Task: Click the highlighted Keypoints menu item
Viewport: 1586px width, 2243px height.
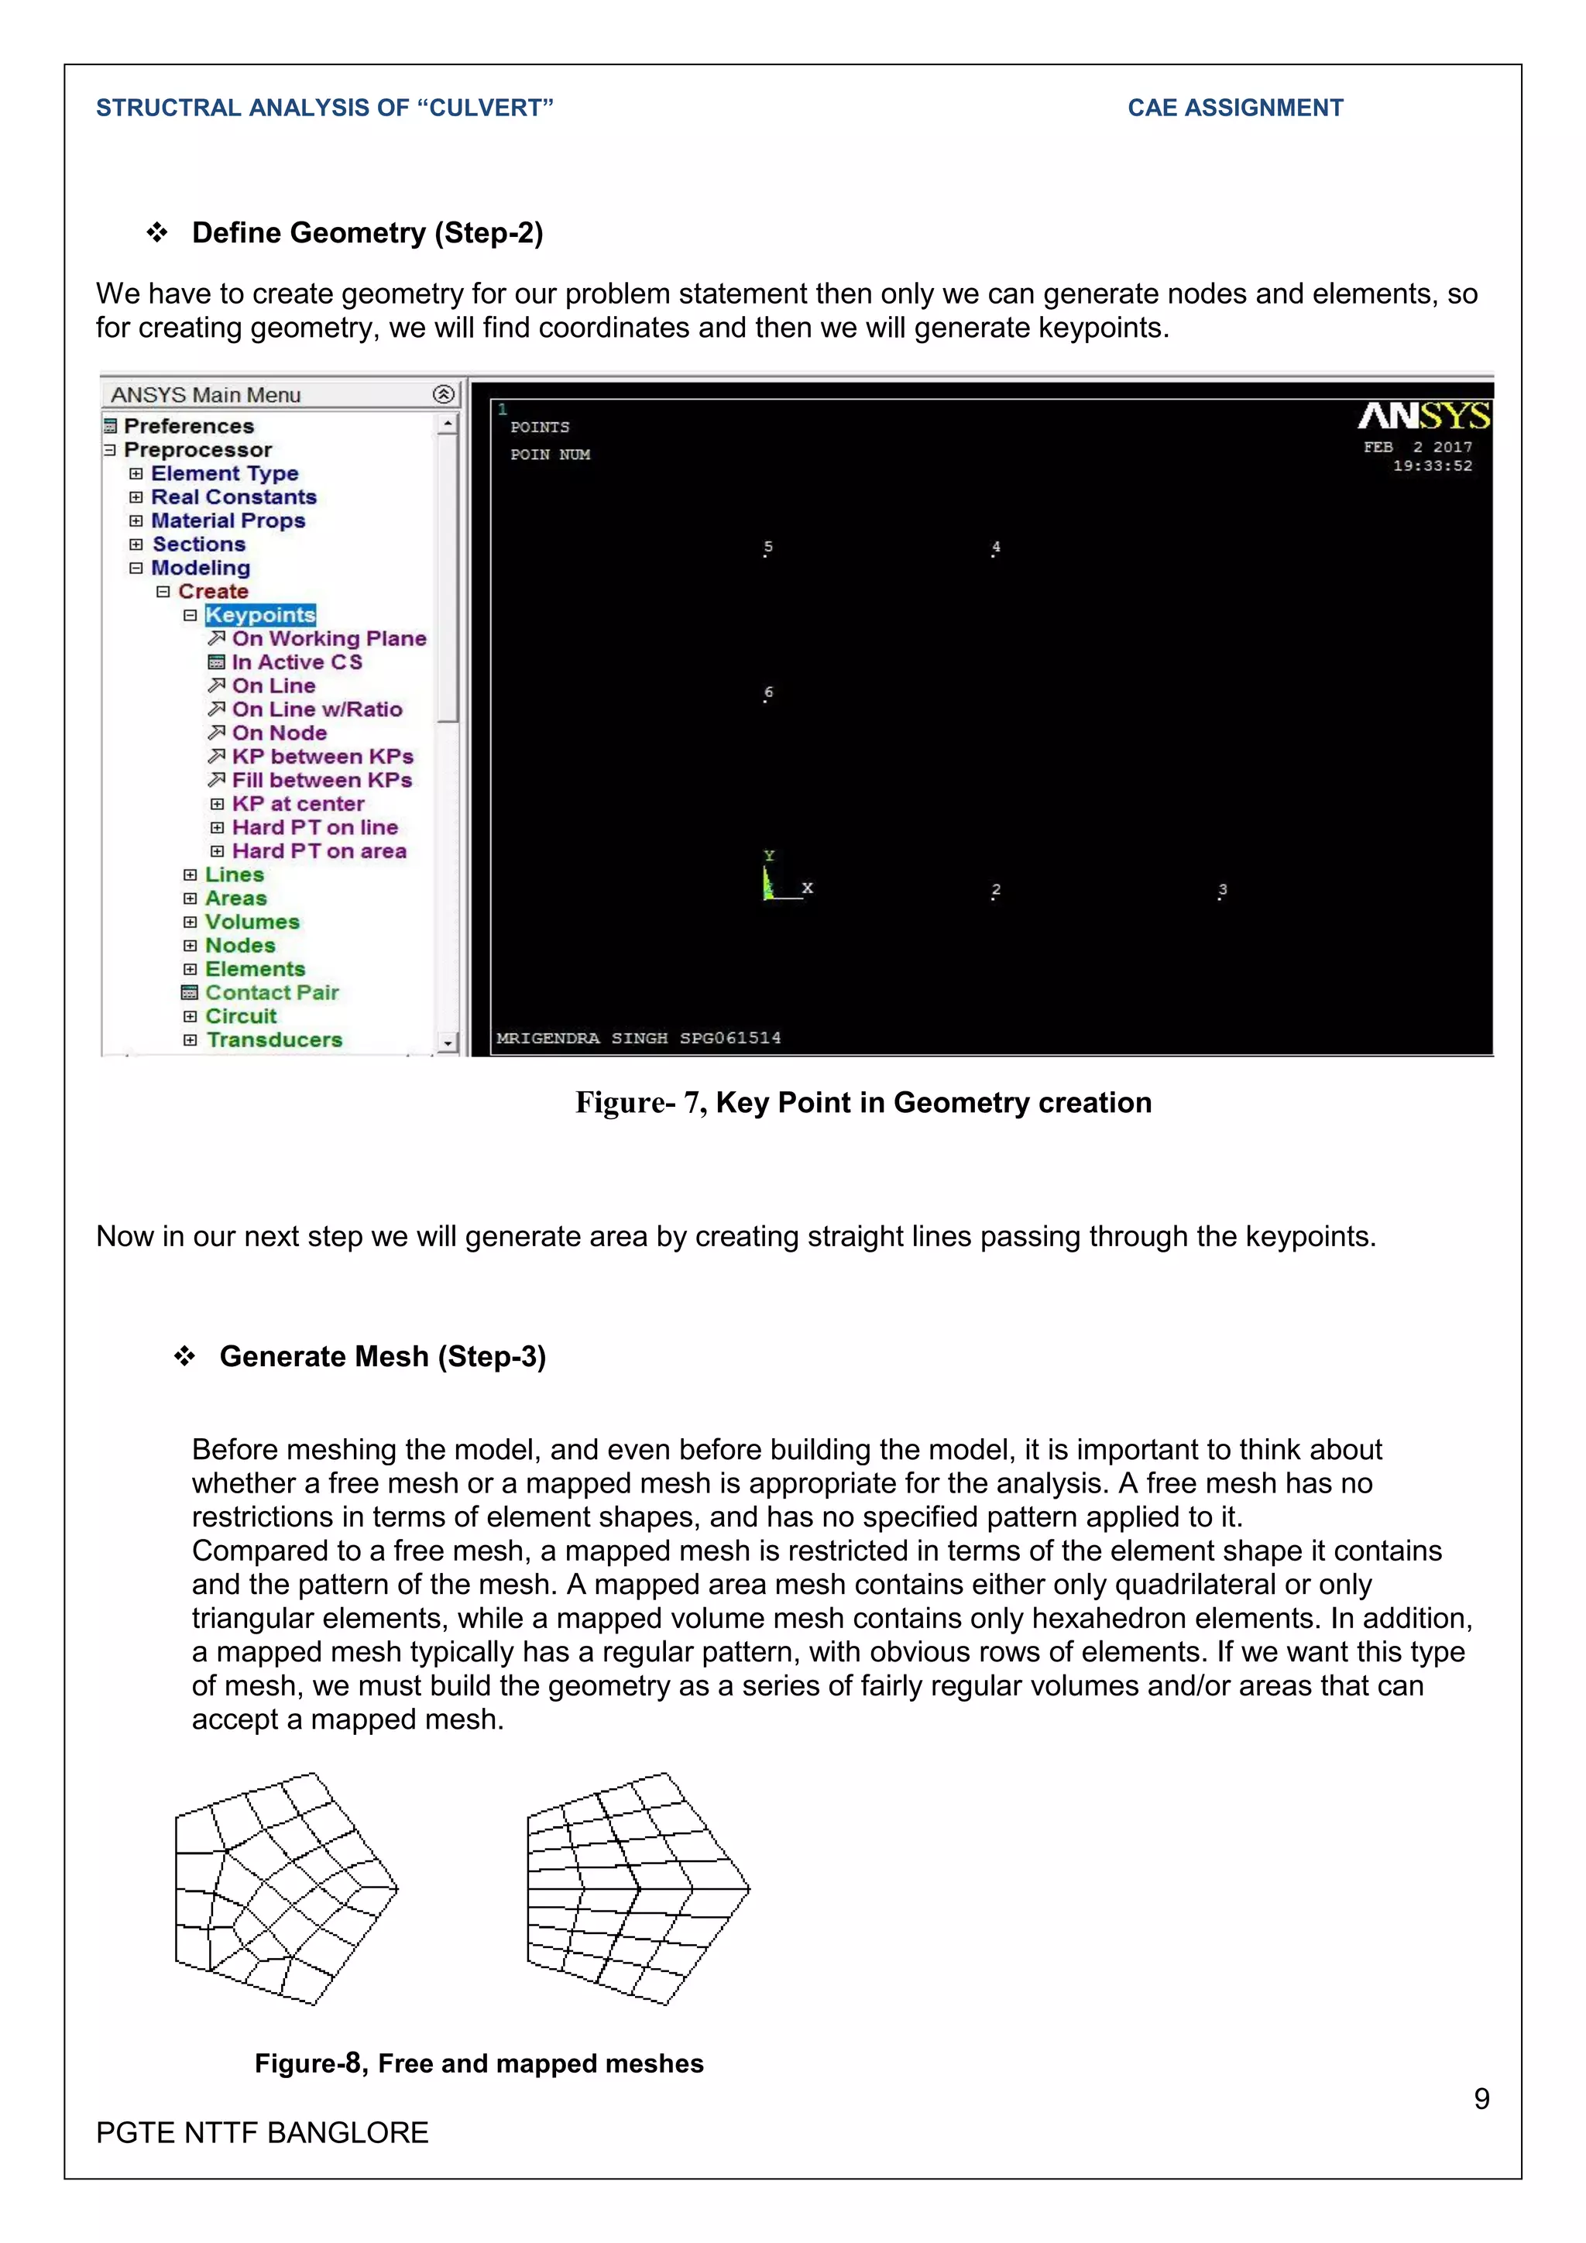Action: tap(259, 614)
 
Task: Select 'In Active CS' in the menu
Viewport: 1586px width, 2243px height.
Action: tap(296, 662)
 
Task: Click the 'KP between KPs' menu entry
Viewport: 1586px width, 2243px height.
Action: tap(321, 756)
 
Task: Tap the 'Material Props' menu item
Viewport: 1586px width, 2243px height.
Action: tap(228, 520)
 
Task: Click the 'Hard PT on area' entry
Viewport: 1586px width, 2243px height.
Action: tap(318, 851)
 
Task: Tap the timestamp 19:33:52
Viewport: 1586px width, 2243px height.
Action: tap(1432, 466)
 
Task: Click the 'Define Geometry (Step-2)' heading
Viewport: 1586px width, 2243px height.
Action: tap(367, 232)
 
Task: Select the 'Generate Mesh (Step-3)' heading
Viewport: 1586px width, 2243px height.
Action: tap(382, 1356)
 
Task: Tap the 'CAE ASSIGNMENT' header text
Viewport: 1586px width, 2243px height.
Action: tap(1234, 108)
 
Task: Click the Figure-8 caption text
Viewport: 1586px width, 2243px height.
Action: tap(479, 2063)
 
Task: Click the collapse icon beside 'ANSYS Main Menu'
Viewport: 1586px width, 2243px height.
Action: tap(444, 393)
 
